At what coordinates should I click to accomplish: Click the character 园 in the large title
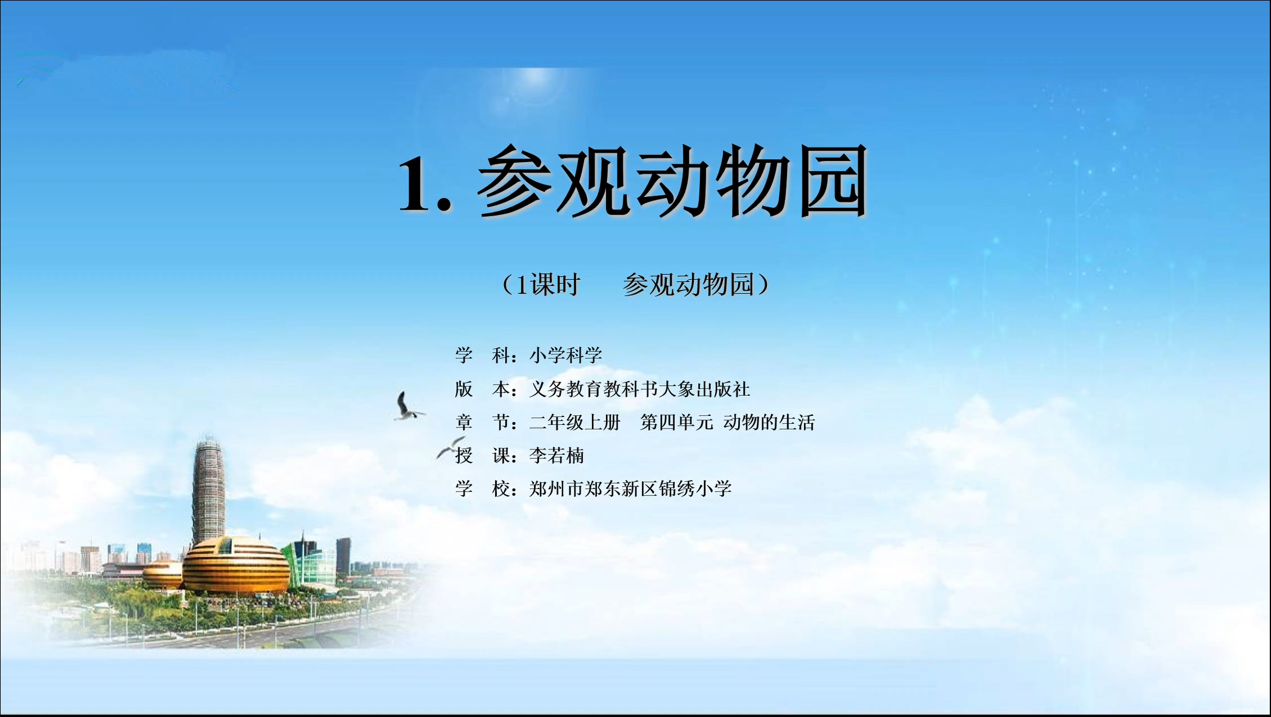coord(833,181)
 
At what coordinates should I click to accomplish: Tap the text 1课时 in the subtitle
coord(547,285)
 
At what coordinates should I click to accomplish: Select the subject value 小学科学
coord(566,355)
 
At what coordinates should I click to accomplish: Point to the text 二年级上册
coord(575,422)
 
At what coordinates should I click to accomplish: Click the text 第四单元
coord(677,422)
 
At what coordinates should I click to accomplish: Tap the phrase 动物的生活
coord(769,422)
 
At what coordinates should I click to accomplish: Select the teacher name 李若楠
coord(557,455)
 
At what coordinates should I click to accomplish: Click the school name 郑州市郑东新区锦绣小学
coord(630,488)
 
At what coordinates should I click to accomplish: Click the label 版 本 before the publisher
coord(482,389)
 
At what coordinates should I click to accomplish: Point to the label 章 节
coord(482,422)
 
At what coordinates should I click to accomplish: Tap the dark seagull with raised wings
coord(407,407)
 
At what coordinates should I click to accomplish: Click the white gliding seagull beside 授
coord(451,446)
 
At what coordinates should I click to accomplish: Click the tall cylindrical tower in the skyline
coord(208,491)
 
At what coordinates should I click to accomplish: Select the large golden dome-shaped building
coord(236,565)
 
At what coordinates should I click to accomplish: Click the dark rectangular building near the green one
coord(344,555)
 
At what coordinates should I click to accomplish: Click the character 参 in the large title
coord(515,181)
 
